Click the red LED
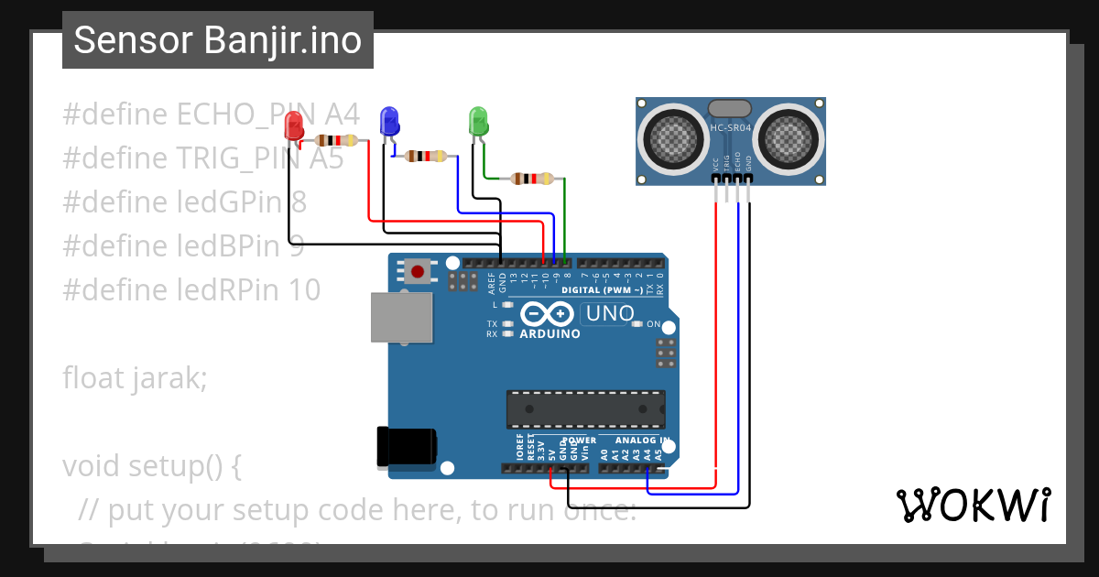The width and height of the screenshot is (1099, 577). pyautogui.click(x=294, y=125)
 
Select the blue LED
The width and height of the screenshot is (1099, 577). pyautogui.click(x=389, y=120)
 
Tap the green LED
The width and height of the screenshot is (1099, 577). pyautogui.click(x=478, y=120)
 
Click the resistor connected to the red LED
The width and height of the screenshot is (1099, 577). pyautogui.click(x=336, y=141)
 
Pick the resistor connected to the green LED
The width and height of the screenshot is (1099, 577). pyautogui.click(x=533, y=179)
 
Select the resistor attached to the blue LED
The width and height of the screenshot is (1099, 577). pyautogui.click(x=426, y=157)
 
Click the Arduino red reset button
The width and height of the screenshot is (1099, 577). pyautogui.click(x=418, y=271)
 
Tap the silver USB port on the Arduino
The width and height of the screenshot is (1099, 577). pyautogui.click(x=400, y=317)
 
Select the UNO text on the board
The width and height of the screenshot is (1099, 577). pyautogui.click(x=609, y=314)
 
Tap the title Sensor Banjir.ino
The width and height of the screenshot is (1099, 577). pyautogui.click(x=218, y=40)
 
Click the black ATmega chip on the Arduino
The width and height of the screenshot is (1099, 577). pyautogui.click(x=586, y=408)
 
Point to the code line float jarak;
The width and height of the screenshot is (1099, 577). pyautogui.click(x=135, y=377)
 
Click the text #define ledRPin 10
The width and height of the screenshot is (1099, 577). pyautogui.click(x=191, y=290)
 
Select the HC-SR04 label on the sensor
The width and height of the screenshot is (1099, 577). pyautogui.click(x=730, y=128)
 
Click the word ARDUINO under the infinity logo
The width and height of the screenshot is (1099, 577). pyautogui.click(x=549, y=334)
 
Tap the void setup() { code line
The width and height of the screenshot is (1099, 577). pyautogui.click(x=152, y=466)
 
